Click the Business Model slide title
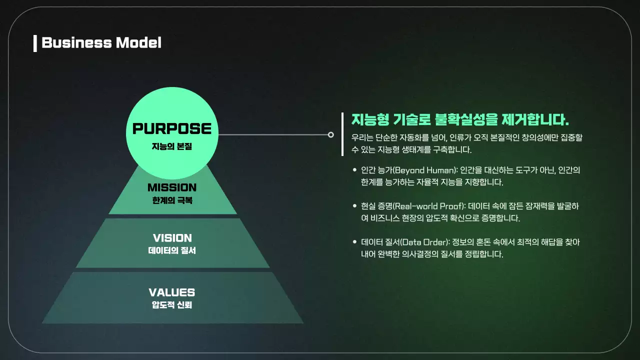pyautogui.click(x=101, y=43)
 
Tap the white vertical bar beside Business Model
pyautogui.click(x=35, y=43)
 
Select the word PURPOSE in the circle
pyautogui.click(x=172, y=129)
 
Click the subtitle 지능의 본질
pyautogui.click(x=172, y=147)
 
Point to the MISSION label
pyautogui.click(x=172, y=188)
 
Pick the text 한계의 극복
pyautogui.click(x=172, y=200)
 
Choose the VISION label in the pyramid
pyautogui.click(x=172, y=238)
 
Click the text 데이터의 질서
pyautogui.click(x=172, y=250)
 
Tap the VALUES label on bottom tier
pyautogui.click(x=172, y=292)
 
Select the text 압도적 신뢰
pyautogui.click(x=172, y=305)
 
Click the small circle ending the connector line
pyautogui.click(x=330, y=134)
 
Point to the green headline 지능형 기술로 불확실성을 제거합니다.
pyautogui.click(x=460, y=120)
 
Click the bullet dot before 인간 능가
pyautogui.click(x=354, y=170)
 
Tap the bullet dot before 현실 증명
pyautogui.click(x=354, y=206)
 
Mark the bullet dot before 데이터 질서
pyautogui.click(x=354, y=242)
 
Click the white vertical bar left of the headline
pyautogui.click(x=342, y=134)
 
